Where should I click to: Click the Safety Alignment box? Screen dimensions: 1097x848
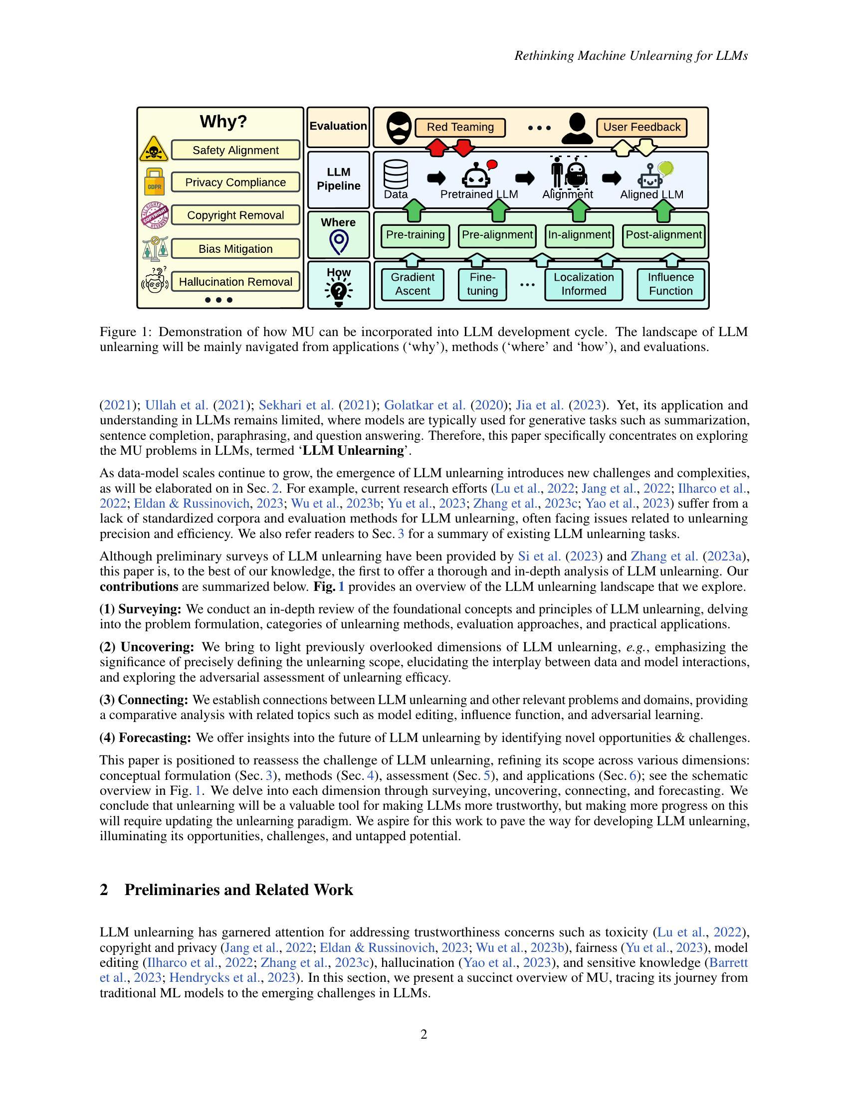[235, 150]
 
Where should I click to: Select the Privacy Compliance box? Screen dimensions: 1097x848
[235, 183]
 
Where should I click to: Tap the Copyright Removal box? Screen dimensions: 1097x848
[235, 215]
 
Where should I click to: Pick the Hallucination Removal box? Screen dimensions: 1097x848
[235, 282]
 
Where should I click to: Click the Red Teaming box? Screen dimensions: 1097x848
[460, 127]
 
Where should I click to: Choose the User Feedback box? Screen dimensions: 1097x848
[641, 127]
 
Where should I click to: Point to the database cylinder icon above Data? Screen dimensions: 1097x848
[396, 174]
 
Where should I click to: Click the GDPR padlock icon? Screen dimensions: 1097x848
[154, 182]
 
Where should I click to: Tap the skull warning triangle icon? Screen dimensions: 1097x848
[154, 149]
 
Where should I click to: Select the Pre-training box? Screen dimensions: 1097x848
[416, 235]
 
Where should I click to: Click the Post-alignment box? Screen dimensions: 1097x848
[663, 235]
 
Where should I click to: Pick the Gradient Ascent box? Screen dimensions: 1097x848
[413, 284]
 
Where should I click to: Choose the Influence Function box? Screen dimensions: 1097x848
[670, 284]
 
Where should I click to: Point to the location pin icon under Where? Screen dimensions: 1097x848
[339, 242]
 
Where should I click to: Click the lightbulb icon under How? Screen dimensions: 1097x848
[339, 291]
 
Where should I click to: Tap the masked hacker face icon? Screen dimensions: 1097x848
[399, 128]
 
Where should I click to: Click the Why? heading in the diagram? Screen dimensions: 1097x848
[223, 122]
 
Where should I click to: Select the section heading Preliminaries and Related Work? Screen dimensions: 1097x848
[238, 890]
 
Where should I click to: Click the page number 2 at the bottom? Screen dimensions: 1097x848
[424, 1034]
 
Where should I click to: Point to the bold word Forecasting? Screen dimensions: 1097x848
[155, 738]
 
